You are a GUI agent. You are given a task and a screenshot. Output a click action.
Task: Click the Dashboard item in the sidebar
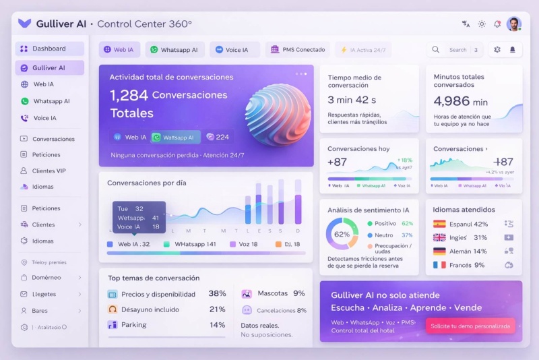[x=49, y=49]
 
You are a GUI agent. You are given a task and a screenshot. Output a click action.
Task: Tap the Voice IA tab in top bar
[x=232, y=50]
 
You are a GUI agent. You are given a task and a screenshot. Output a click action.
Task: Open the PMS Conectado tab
[x=297, y=50]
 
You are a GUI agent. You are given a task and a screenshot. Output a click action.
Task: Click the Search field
[x=457, y=50]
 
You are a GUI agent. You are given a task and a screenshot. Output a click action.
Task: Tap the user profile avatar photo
[x=513, y=24]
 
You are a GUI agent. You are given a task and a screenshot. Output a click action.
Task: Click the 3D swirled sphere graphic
[x=278, y=115]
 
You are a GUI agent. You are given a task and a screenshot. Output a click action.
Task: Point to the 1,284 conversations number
[x=129, y=96]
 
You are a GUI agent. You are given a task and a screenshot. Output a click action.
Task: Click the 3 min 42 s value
[x=352, y=100]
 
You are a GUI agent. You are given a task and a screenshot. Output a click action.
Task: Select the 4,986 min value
[x=461, y=102]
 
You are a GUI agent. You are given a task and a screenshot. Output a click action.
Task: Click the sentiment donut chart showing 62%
[x=342, y=234]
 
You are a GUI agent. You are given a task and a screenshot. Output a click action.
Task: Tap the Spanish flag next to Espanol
[x=439, y=224]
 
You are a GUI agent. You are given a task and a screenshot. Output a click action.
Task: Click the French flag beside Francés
[x=439, y=265]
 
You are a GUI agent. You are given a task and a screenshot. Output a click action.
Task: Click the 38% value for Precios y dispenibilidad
[x=217, y=294]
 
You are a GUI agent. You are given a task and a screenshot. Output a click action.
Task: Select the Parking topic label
[x=133, y=325]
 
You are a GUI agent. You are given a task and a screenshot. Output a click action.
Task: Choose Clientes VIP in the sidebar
[x=49, y=171]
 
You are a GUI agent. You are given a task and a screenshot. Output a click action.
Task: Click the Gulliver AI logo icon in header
[x=25, y=24]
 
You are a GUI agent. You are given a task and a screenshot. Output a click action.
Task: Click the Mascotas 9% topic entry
[x=274, y=294]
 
